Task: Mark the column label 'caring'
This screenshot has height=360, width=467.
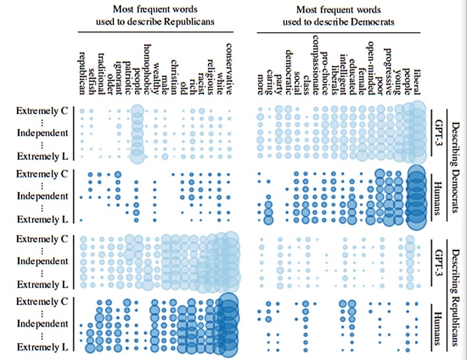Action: point(269,85)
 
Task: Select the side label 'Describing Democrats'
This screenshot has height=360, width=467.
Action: point(456,158)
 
